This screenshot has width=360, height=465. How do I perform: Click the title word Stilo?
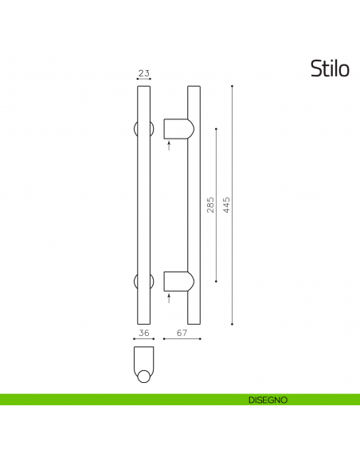(329, 69)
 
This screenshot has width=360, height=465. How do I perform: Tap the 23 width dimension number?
(143, 73)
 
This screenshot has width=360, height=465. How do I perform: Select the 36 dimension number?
(143, 333)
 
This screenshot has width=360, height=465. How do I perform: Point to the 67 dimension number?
(181, 333)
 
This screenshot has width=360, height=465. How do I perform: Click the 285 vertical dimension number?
(210, 206)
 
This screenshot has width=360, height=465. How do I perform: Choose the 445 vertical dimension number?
(226, 206)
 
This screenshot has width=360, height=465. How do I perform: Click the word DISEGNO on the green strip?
(267, 399)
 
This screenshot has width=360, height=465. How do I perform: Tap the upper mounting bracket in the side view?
(175, 128)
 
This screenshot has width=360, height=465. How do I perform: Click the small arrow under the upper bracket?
(169, 145)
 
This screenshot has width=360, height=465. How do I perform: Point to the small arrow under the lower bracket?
(169, 298)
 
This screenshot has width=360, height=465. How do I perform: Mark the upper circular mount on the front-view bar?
(143, 128)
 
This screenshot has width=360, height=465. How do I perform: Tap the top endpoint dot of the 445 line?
(232, 85)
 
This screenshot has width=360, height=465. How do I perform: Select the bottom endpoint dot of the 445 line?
(232, 324)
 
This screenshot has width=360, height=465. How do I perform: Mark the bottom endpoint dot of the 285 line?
(216, 280)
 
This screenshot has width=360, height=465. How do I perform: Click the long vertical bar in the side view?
(194, 207)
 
